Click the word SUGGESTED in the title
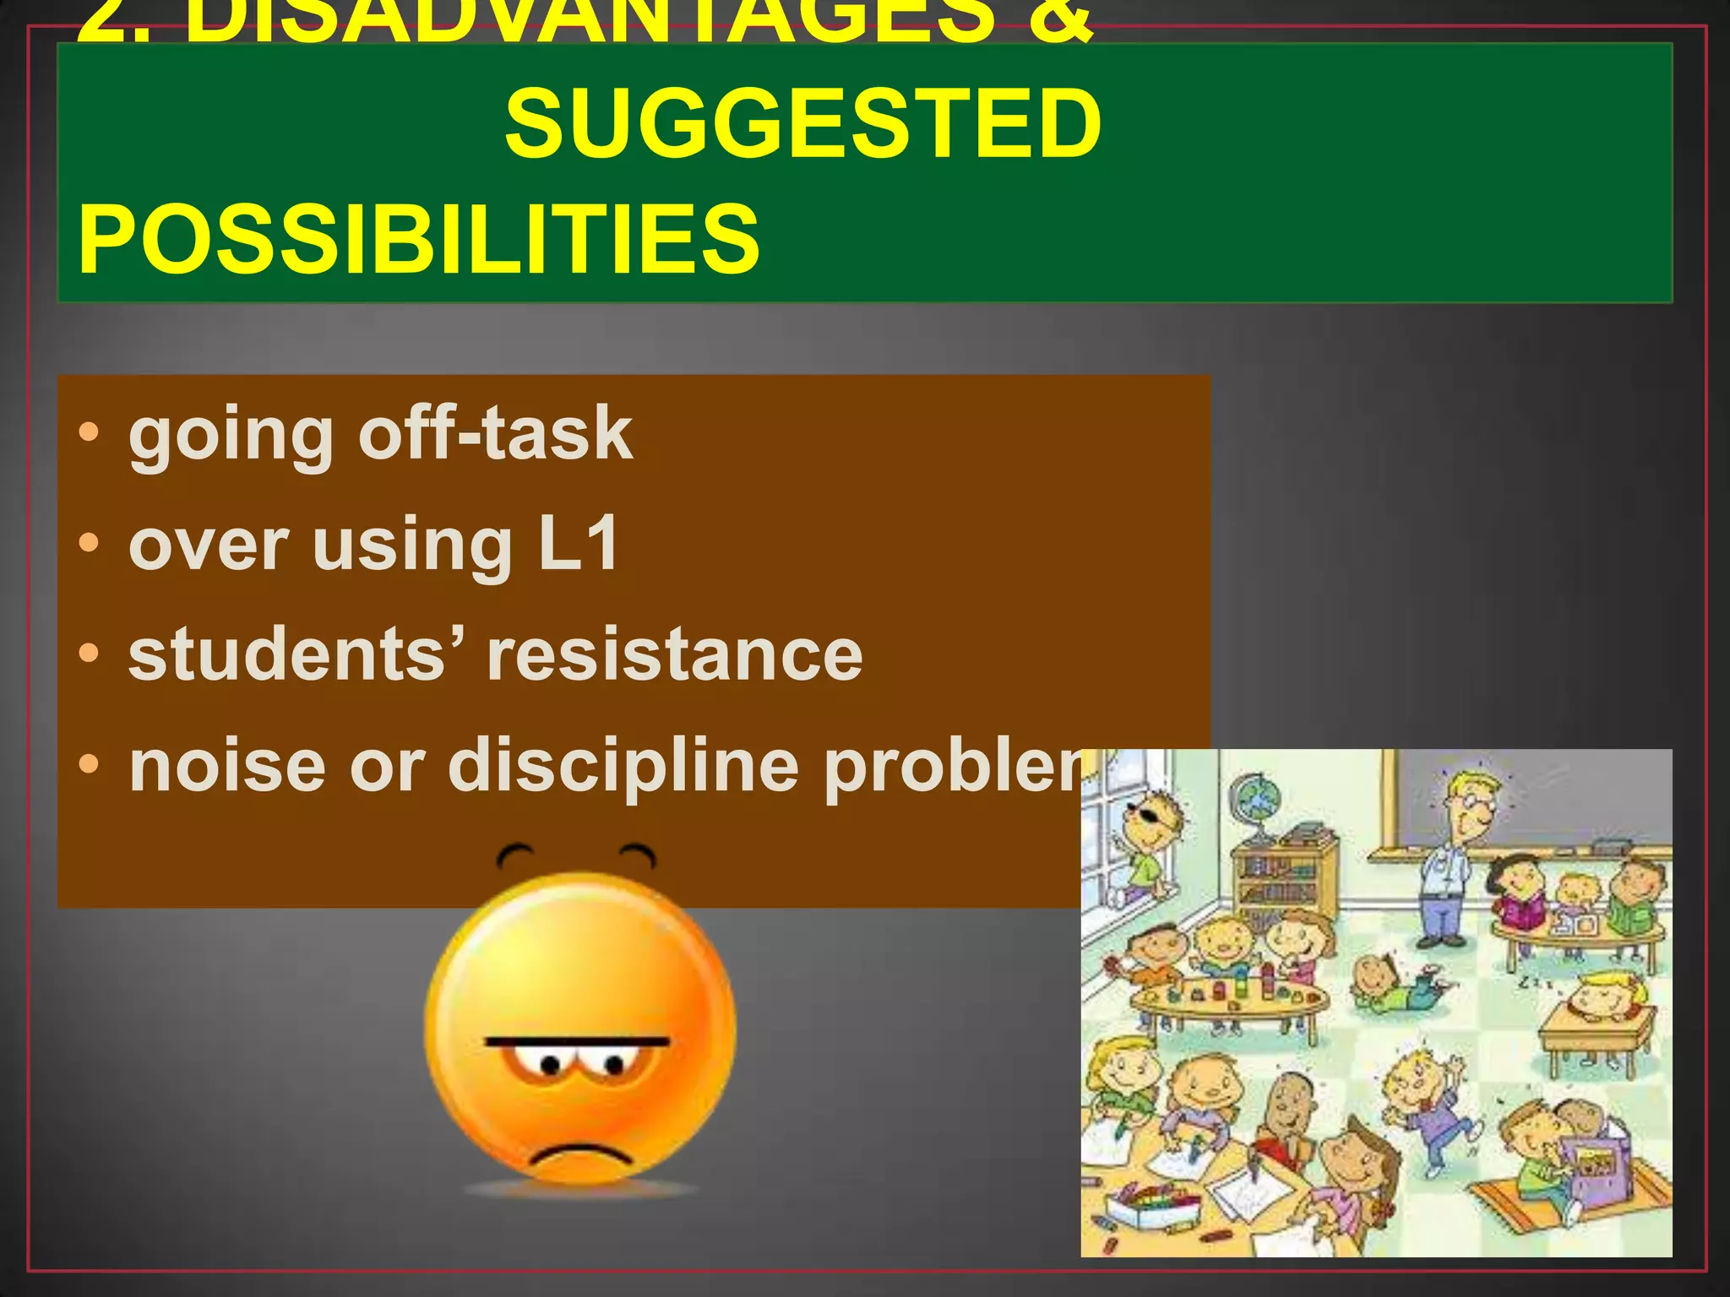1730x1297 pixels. (x=802, y=125)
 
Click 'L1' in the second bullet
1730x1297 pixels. (x=579, y=545)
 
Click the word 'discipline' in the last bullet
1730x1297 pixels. (x=623, y=767)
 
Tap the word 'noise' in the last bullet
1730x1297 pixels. (x=227, y=767)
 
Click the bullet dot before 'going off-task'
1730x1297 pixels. (x=89, y=434)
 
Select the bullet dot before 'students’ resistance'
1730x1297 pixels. (x=89, y=654)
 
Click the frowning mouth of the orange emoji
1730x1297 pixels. (x=580, y=1156)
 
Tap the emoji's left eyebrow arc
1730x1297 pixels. (x=514, y=855)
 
